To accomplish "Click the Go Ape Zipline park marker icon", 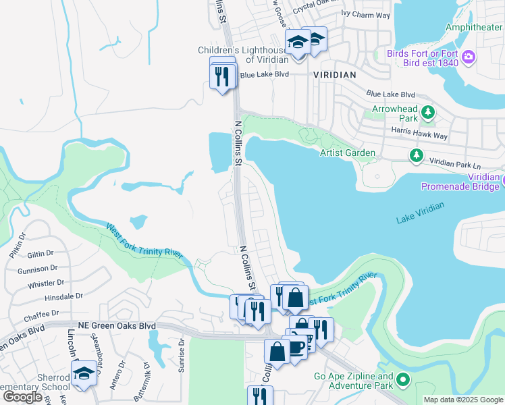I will coord(403,381).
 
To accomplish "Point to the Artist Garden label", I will coord(347,153).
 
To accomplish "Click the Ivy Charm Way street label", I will coord(366,13).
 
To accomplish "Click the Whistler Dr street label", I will coord(46,283).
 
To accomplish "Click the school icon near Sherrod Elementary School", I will coord(84,373).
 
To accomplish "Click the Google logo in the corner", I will coord(23,396).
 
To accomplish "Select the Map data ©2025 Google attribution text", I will coord(462,400).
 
